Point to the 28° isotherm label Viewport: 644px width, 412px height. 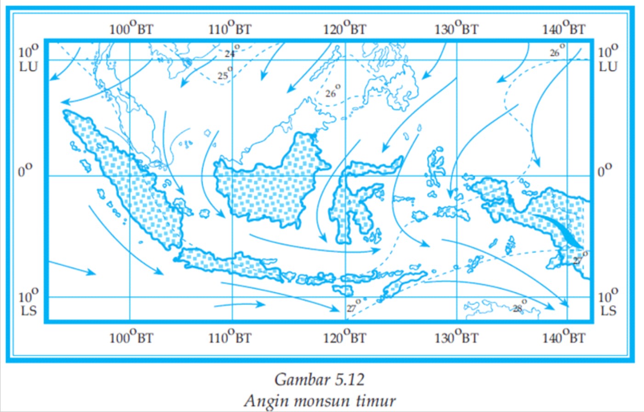tap(519, 307)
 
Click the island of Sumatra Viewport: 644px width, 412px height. tap(133, 184)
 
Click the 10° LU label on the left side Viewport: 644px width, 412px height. tap(28, 58)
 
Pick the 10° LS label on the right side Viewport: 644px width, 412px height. tap(608, 303)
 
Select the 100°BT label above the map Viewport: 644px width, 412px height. tap(131, 29)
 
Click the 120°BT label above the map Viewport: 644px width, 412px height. tap(344, 29)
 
